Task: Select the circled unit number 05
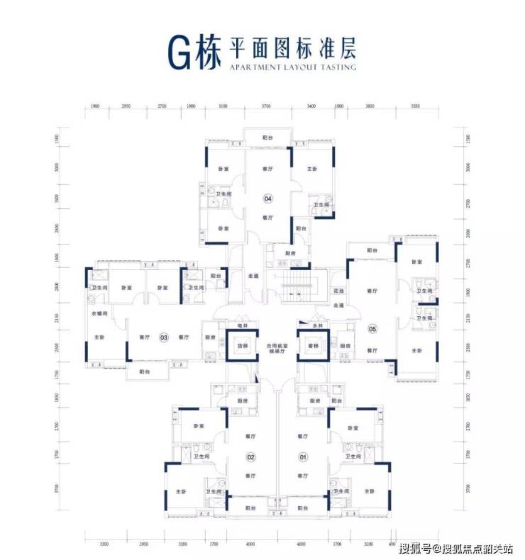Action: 372,328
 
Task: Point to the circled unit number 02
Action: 250,457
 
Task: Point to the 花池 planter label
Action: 338,291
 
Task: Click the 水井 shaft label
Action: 317,326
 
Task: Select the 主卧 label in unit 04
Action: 312,169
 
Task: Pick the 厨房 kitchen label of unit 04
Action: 289,253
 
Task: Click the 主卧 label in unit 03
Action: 98,337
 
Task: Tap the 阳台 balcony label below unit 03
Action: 145,371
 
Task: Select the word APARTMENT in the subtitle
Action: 250,68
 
